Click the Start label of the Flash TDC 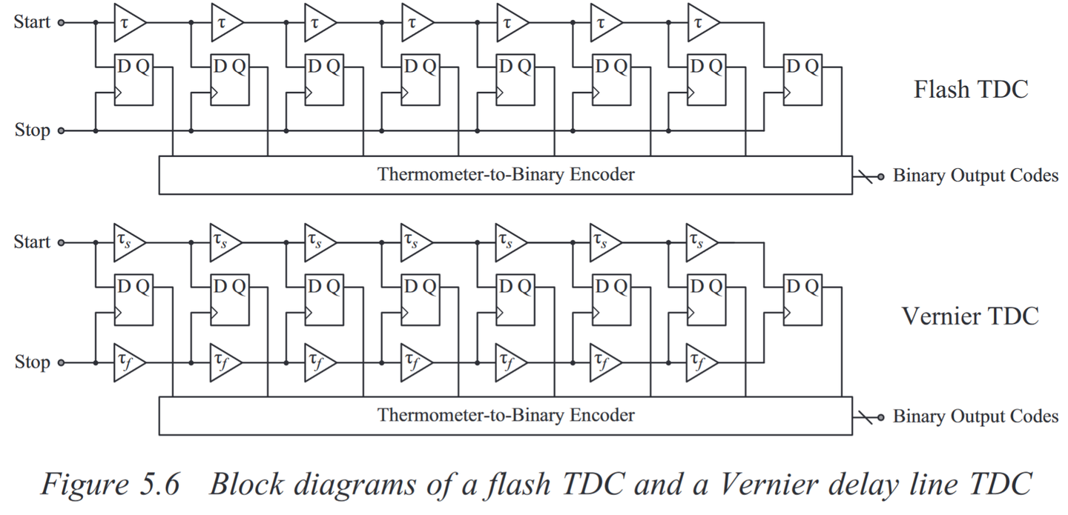32,22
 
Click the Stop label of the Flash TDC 32,130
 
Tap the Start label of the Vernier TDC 32,242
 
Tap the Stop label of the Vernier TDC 32,362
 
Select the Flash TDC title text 970,90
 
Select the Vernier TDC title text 970,316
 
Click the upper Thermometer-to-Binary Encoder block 506,175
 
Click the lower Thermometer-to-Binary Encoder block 506,415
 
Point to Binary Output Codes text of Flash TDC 975,176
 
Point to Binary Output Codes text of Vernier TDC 975,416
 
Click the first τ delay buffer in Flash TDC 127,22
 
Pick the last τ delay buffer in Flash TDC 699,22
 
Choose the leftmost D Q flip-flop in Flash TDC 133,80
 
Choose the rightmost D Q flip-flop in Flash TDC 803,80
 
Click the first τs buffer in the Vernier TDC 127,242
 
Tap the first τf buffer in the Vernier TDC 127,362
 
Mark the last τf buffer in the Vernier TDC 699,362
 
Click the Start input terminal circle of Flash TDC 62,22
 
